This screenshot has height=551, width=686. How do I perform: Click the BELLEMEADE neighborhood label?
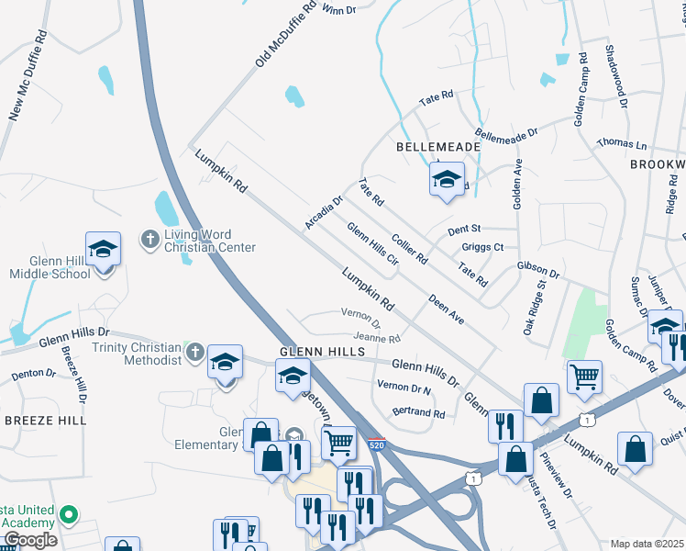[438, 147]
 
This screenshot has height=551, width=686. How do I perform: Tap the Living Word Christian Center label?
[210, 241]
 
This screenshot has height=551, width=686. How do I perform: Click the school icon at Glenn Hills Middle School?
[103, 249]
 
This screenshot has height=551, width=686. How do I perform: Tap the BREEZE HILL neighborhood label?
[45, 420]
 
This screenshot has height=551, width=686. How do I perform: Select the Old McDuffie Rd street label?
[285, 33]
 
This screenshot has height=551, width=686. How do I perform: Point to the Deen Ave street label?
[447, 309]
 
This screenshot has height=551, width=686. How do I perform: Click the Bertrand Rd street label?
[418, 413]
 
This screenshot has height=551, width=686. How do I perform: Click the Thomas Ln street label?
[622, 144]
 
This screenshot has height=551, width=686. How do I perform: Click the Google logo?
[29, 539]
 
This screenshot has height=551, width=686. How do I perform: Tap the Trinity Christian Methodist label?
[137, 354]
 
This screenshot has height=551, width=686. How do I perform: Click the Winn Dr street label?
[337, 9]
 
